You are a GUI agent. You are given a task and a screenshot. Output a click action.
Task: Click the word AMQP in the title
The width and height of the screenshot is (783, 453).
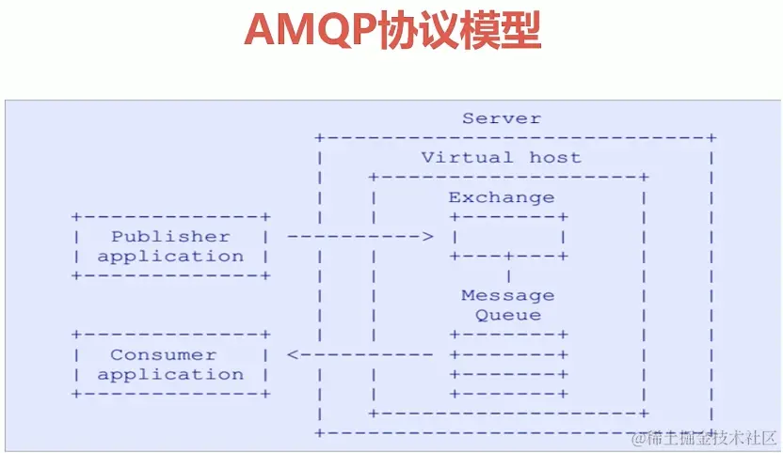pos(310,31)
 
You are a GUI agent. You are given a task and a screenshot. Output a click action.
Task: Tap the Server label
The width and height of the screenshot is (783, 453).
pos(502,118)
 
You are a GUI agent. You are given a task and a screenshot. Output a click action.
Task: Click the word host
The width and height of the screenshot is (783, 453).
pos(555,158)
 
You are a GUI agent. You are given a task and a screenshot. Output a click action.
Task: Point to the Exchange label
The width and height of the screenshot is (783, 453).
pos(501,197)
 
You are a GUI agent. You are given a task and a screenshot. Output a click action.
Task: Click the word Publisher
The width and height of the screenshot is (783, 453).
pos(170,237)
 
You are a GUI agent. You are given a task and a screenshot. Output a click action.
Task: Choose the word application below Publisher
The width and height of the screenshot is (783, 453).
pos(170,257)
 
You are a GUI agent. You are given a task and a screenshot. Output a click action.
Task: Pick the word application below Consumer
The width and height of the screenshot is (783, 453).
pos(170,375)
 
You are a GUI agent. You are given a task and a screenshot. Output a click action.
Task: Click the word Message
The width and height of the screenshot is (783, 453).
pos(508,296)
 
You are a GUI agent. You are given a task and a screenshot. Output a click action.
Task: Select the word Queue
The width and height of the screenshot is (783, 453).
pos(508,316)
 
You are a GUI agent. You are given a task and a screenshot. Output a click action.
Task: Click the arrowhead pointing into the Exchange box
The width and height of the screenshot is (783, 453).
pos(428,237)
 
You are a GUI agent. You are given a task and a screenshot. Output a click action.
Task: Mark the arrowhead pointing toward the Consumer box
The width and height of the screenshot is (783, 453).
pos(293,355)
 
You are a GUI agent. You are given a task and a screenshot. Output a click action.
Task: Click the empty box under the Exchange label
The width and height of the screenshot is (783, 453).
pos(509,237)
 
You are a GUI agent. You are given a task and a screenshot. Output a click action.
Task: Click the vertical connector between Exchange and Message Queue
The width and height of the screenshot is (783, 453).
pos(509,276)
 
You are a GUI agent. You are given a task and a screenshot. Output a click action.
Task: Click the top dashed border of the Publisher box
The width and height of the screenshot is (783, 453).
pos(170,217)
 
